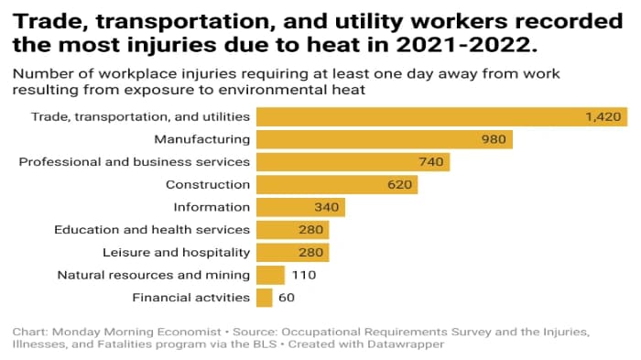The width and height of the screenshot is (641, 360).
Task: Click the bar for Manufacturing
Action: click(x=384, y=139)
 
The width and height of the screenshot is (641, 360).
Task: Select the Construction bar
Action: click(x=336, y=184)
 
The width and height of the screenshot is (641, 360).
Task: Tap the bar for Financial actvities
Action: click(x=264, y=298)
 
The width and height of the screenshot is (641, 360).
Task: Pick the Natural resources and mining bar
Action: click(x=270, y=275)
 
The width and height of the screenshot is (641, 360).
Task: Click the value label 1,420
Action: click(x=603, y=116)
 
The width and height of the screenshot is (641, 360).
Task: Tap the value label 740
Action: click(x=430, y=162)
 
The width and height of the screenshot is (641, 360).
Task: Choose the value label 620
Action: click(x=399, y=184)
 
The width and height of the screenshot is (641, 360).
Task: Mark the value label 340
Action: click(x=326, y=207)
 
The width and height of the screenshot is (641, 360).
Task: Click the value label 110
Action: click(x=304, y=275)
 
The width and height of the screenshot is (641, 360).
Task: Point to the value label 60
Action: click(x=288, y=298)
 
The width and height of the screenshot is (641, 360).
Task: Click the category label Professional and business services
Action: click(x=135, y=162)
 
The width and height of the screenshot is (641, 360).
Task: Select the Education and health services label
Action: click(x=152, y=230)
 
